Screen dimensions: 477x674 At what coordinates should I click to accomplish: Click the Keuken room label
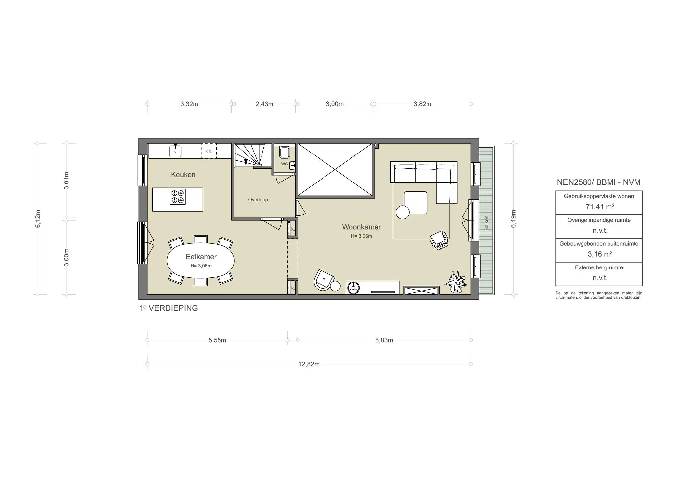[183, 175]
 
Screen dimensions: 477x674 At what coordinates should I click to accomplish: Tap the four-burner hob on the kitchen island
[177, 197]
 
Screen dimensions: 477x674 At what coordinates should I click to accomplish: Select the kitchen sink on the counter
[175, 151]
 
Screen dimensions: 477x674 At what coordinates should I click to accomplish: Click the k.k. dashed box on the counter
[209, 151]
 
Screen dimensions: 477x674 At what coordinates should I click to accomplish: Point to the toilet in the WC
[284, 152]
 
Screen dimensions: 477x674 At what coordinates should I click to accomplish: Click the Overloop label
[258, 200]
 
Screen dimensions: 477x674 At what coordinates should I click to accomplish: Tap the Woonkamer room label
[361, 227]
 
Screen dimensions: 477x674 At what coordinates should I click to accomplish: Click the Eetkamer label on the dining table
[201, 257]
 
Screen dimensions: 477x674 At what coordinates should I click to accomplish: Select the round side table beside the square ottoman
[402, 212]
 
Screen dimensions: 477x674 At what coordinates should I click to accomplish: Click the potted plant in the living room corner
[455, 282]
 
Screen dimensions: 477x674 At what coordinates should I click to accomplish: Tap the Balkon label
[486, 223]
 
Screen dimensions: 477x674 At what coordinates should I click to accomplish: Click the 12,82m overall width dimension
[309, 364]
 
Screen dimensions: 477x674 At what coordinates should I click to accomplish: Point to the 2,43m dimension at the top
[264, 104]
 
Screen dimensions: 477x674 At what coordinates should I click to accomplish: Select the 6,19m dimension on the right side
[513, 219]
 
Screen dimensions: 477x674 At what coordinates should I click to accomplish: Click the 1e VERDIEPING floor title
[168, 308]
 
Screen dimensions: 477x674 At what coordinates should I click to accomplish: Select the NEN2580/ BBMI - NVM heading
[599, 182]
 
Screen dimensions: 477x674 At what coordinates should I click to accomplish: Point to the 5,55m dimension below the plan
[217, 340]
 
